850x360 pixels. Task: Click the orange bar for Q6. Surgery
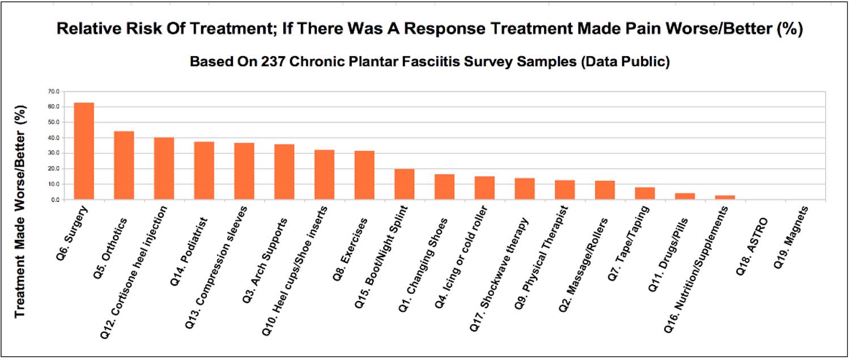point(84,151)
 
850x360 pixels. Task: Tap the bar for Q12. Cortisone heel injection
point(164,168)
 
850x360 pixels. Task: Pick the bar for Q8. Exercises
point(364,175)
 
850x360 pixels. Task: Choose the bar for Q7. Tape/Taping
point(645,193)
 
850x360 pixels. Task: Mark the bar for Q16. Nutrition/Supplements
point(725,197)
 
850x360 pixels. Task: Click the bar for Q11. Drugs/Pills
point(685,196)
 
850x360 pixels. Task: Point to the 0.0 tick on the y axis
point(54,200)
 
